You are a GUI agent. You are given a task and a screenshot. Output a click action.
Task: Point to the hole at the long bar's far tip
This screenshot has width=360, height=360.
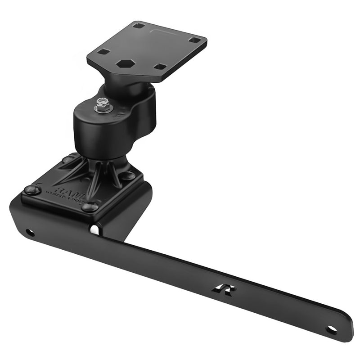pos(331,329)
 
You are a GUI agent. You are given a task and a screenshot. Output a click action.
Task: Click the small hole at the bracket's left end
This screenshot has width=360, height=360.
pos(30,233)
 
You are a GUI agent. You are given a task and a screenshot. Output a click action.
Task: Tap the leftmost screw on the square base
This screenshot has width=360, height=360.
pos(32,190)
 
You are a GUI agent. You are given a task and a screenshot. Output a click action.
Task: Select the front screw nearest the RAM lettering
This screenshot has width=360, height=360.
pos(90,207)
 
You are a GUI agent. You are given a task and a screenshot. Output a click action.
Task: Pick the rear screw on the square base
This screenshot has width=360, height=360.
pos(68,159)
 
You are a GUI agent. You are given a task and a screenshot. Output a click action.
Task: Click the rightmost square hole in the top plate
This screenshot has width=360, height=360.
pos(194,40)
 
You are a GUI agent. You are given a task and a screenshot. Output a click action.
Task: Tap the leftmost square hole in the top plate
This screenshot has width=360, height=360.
pos(103,52)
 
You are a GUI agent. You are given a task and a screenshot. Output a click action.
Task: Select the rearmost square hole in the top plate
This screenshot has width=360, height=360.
pos(139,26)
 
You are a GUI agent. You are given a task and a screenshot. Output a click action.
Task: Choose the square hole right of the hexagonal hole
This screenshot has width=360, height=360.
pos(160,67)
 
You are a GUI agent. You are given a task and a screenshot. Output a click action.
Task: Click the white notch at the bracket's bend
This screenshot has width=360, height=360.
pos(95,229)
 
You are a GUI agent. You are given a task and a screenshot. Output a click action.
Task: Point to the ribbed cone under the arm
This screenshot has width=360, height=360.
pos(97,173)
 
